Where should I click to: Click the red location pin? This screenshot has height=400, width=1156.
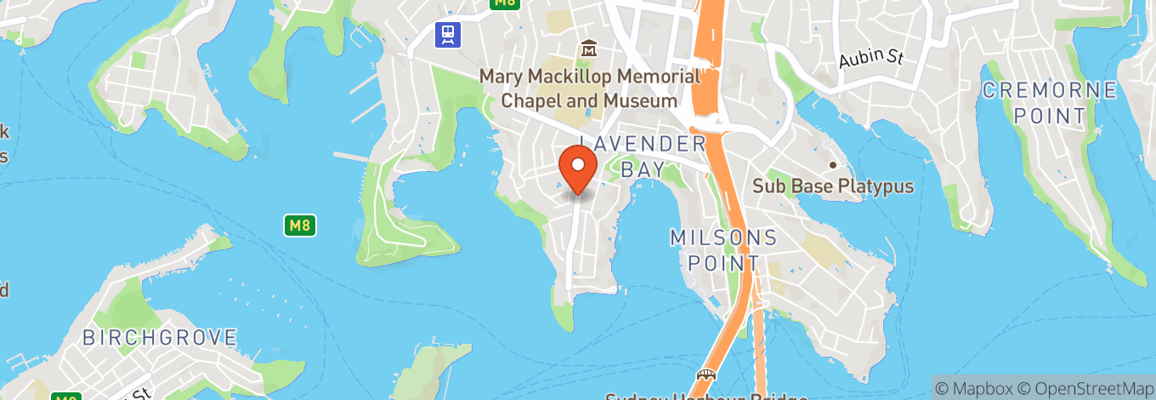[x=579, y=167]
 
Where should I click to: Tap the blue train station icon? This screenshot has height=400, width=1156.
[x=447, y=34]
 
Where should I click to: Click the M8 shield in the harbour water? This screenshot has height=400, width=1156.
[x=299, y=226]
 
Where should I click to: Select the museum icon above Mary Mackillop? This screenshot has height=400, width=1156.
[x=588, y=49]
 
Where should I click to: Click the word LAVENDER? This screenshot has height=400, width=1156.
[x=643, y=143]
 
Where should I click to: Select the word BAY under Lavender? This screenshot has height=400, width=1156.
[x=642, y=169]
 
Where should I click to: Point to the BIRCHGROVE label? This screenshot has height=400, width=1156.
[x=160, y=337]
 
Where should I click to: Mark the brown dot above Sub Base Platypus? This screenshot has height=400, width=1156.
[x=833, y=165]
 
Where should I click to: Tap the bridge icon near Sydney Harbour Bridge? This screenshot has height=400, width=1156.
[x=705, y=375]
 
